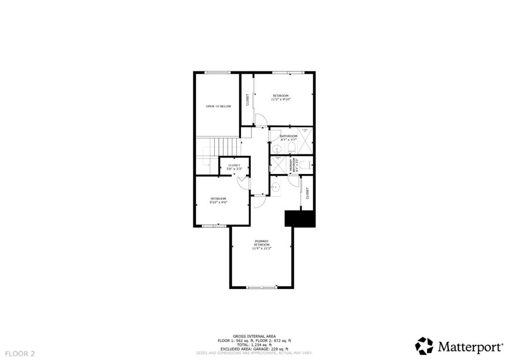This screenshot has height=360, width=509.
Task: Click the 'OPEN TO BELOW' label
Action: pyautogui.click(x=218, y=106)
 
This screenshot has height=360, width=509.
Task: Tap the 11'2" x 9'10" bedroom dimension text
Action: pyautogui.click(x=280, y=99)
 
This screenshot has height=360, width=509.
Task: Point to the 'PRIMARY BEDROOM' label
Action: pyautogui.click(x=261, y=243)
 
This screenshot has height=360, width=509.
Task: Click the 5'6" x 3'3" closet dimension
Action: pyautogui.click(x=234, y=169)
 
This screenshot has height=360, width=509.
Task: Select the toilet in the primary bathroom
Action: pyautogui.click(x=305, y=165)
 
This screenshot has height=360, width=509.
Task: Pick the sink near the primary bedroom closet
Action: pyautogui.click(x=275, y=187)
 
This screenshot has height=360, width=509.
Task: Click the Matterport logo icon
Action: pyautogui.click(x=424, y=346)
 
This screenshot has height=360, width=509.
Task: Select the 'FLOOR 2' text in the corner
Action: pyautogui.click(x=18, y=354)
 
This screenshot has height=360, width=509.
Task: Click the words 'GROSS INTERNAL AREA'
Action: pyautogui.click(x=254, y=336)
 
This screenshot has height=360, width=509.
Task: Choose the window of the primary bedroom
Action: pyautogui.click(x=261, y=287)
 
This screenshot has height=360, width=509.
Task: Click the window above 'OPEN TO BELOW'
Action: pyautogui.click(x=218, y=73)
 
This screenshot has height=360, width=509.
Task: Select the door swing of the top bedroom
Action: pyautogui.click(x=260, y=120)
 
